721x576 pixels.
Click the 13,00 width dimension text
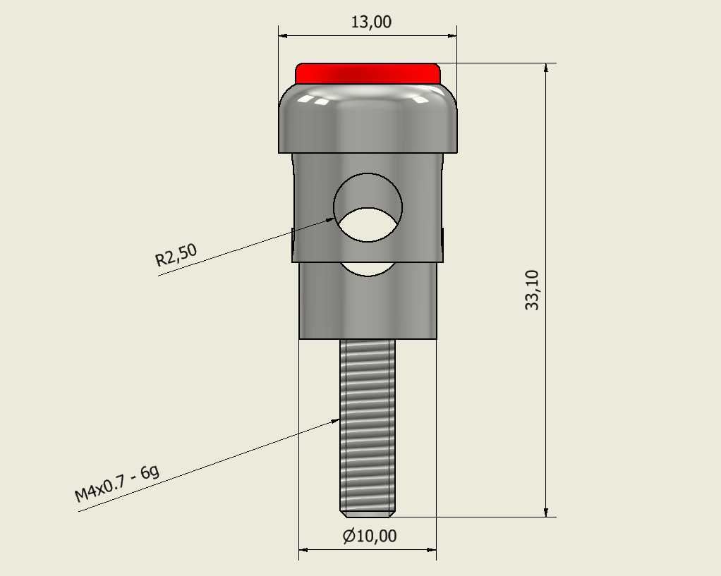[371, 22]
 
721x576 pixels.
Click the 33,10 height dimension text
[532, 290]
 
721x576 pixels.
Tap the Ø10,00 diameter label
[370, 536]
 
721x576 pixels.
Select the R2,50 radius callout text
[176, 255]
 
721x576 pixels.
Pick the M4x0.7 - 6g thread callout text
[117, 484]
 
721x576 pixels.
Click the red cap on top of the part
[368, 73]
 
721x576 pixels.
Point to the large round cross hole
[368, 207]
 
